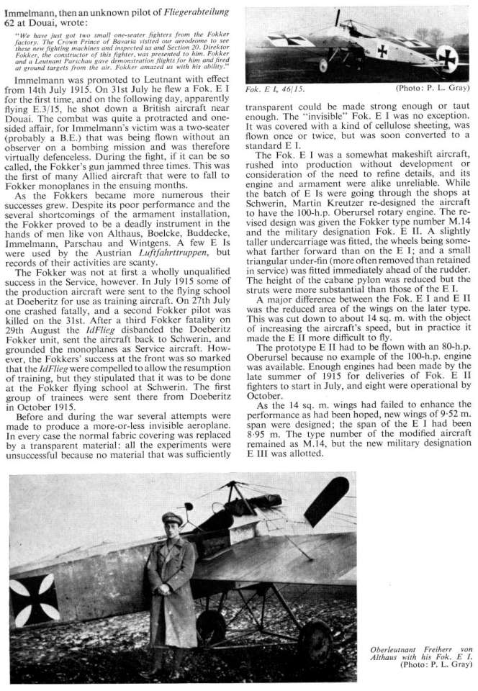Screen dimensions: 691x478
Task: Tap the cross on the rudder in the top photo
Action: click(x=446, y=57)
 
